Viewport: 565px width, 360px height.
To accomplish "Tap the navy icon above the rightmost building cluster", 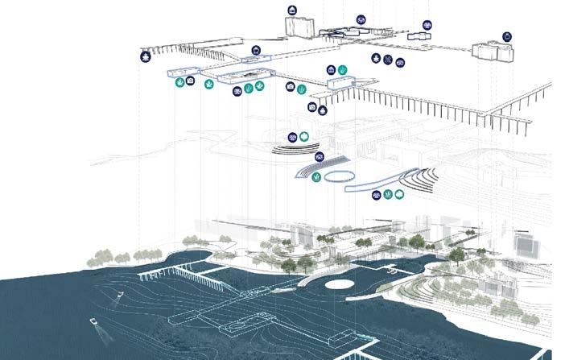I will (x=506, y=37).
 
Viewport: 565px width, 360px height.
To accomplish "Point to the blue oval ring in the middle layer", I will (x=338, y=176).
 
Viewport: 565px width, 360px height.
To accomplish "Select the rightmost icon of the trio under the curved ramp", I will (x=400, y=195).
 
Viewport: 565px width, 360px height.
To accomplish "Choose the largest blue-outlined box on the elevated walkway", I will (x=241, y=77).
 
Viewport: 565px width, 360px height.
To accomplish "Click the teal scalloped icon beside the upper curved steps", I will (x=304, y=137).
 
